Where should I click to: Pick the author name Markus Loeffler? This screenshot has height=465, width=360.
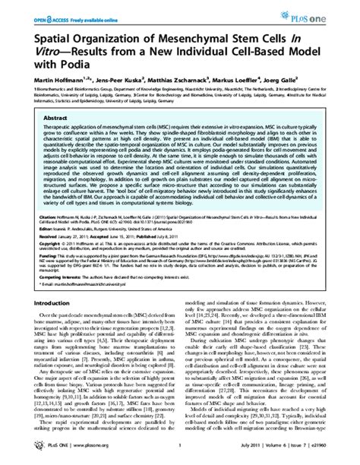click(254, 78)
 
